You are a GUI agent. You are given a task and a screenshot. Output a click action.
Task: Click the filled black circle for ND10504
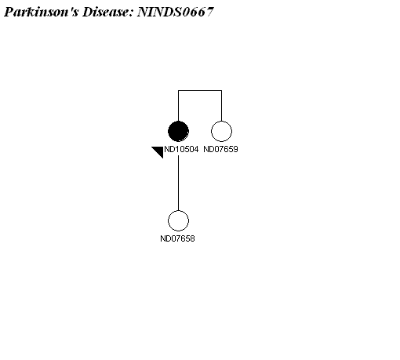tap(178, 131)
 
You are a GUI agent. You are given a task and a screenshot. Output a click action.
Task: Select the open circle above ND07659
tap(221, 131)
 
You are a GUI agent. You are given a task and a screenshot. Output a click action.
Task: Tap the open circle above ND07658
tap(178, 221)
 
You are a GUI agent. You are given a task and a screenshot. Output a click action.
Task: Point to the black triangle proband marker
tap(159, 151)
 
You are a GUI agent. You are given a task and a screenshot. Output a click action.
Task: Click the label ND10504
tap(181, 149)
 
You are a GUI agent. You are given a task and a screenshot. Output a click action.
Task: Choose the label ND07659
tap(220, 149)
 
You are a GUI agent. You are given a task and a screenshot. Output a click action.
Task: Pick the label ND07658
tap(177, 238)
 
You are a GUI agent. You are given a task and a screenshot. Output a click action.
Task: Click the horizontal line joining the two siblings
tap(200, 91)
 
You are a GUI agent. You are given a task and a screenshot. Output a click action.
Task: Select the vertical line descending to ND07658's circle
tap(178, 183)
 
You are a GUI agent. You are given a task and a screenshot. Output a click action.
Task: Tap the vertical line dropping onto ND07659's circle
tap(221, 106)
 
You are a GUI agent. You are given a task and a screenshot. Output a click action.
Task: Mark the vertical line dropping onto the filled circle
tap(178, 106)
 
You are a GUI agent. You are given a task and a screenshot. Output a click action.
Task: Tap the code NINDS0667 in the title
tap(176, 12)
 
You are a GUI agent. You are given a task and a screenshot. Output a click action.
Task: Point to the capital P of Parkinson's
tap(9, 12)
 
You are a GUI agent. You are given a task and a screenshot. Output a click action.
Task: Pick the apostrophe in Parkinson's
tap(70, 9)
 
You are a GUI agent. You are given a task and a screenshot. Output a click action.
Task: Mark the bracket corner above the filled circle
tap(178, 91)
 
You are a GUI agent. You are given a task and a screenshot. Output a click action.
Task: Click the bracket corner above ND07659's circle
tap(221, 91)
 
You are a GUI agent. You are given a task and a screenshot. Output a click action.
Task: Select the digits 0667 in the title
tap(198, 12)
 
